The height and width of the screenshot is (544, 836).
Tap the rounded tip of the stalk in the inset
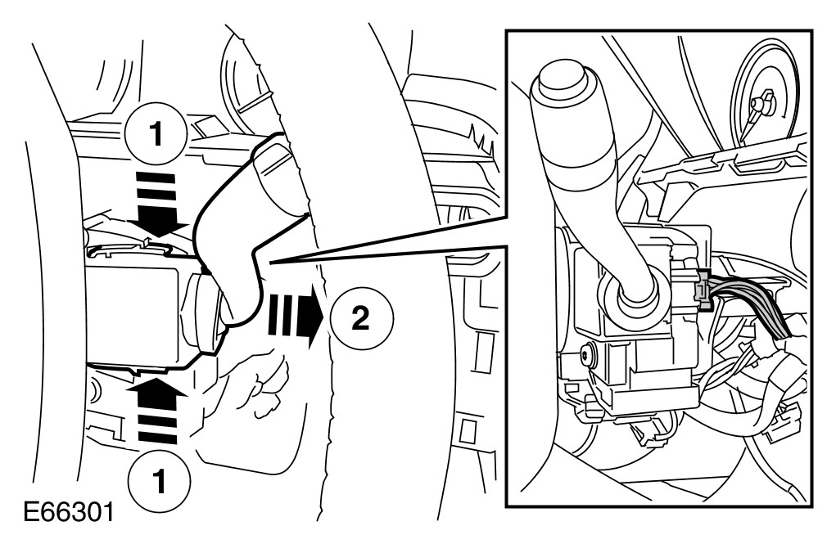coord(558,85)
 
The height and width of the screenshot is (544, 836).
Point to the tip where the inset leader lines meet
coord(270,262)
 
